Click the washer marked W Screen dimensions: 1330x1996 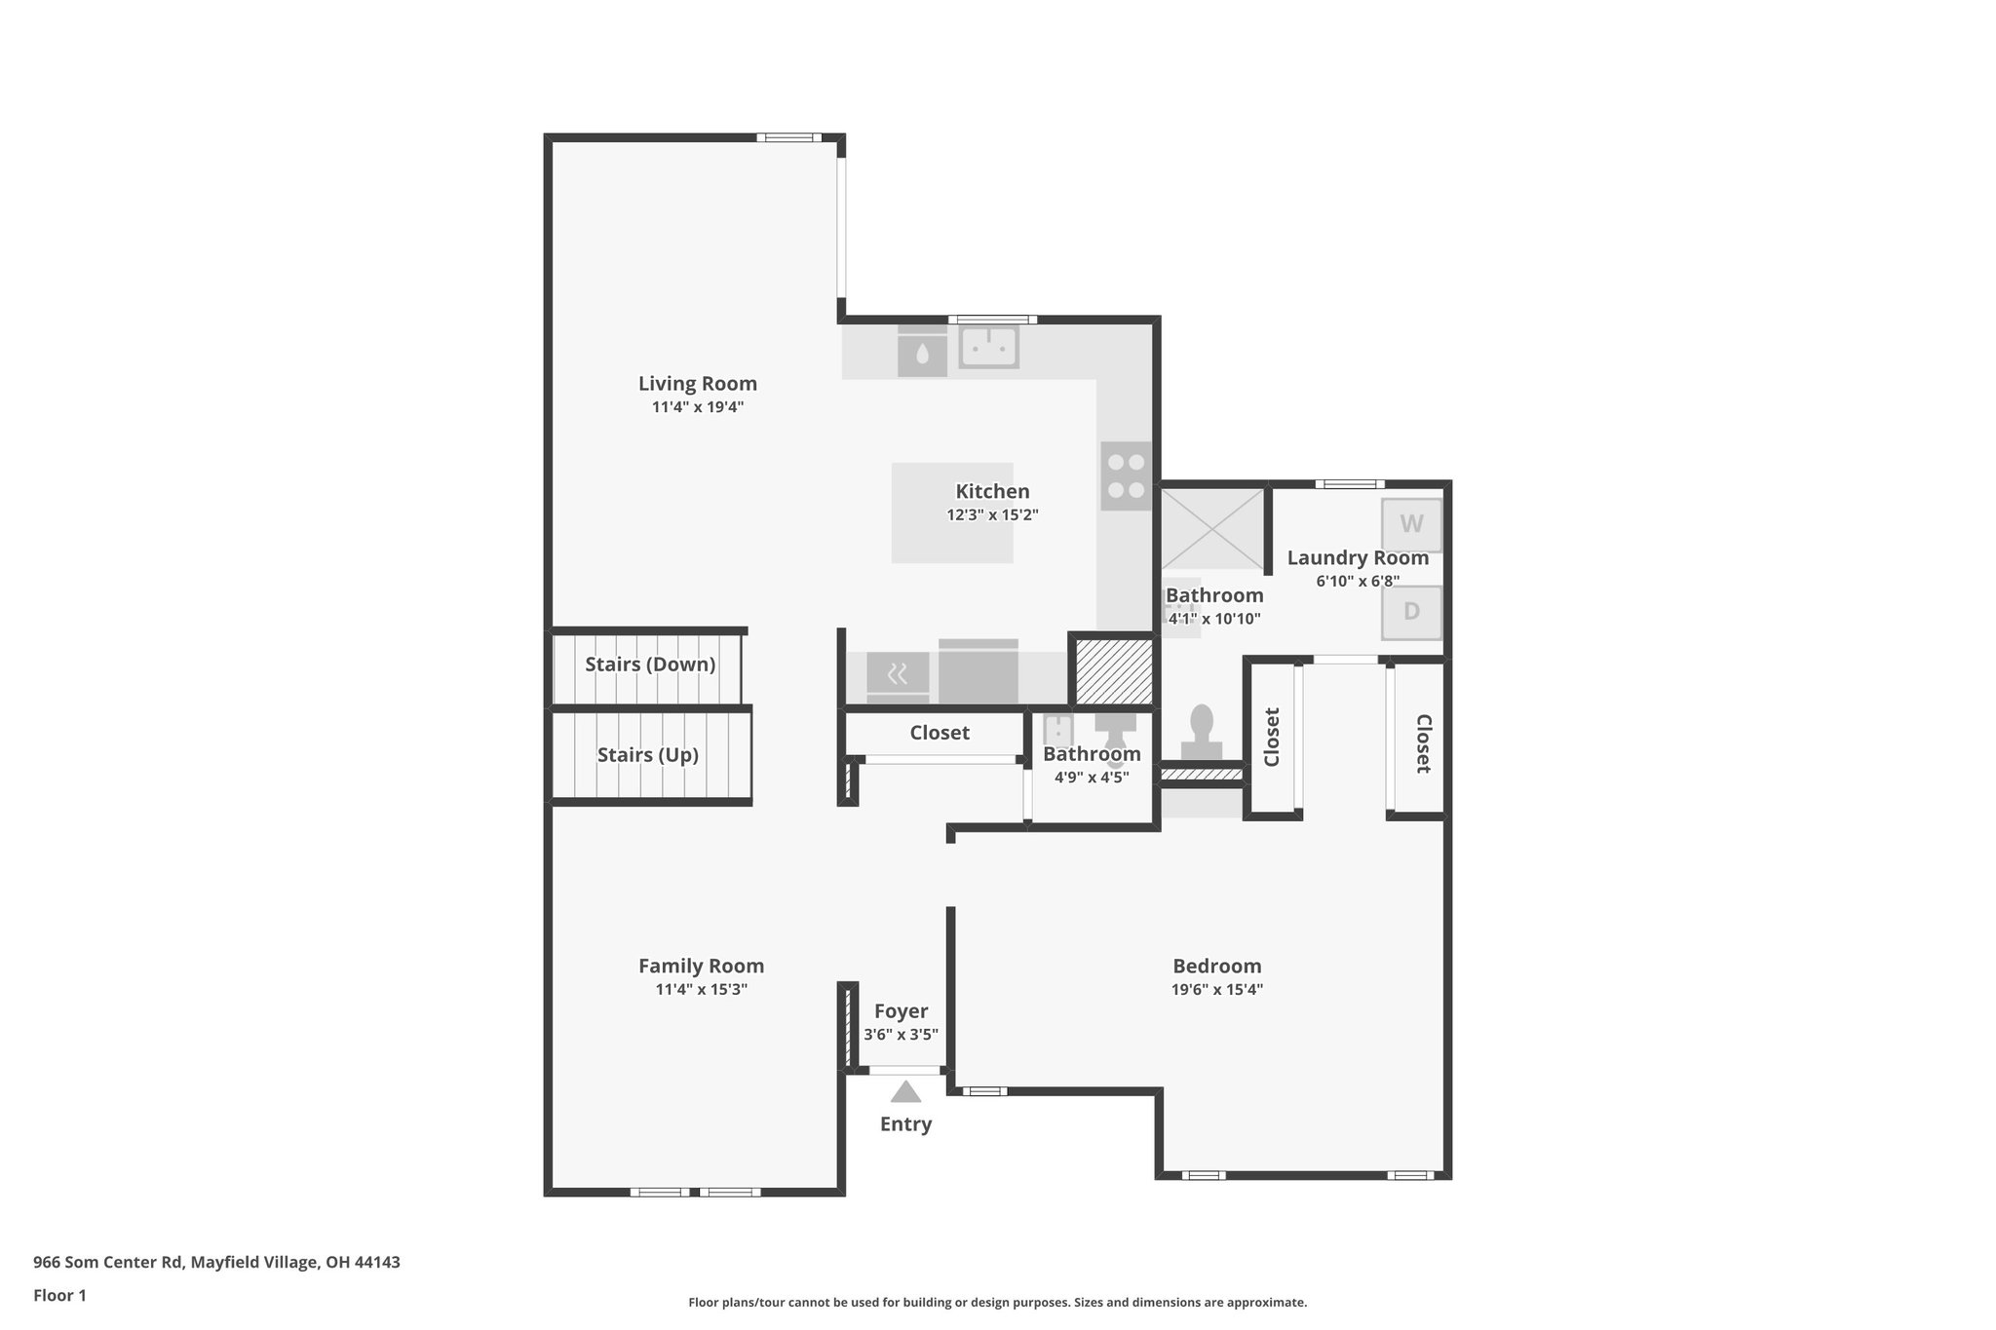point(1411,525)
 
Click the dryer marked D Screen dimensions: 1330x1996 point(1411,612)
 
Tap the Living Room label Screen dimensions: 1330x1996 point(697,384)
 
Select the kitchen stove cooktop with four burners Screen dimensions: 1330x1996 point(1126,476)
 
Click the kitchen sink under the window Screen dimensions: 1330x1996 point(988,347)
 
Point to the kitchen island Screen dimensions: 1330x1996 point(951,513)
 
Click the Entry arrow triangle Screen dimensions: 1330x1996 point(905,1091)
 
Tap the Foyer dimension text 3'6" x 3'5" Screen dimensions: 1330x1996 point(901,1035)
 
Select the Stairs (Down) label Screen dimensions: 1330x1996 point(650,665)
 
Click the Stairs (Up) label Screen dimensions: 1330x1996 point(647,755)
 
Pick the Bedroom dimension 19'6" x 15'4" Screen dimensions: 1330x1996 point(1216,990)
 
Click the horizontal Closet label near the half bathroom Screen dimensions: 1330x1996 point(940,733)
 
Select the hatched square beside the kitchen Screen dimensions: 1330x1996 point(1113,669)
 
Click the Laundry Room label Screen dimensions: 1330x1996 point(1358,558)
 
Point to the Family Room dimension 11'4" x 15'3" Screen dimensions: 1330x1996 point(701,990)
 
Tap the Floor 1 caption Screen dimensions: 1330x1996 point(59,1296)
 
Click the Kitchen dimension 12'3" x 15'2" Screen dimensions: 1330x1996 point(992,515)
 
